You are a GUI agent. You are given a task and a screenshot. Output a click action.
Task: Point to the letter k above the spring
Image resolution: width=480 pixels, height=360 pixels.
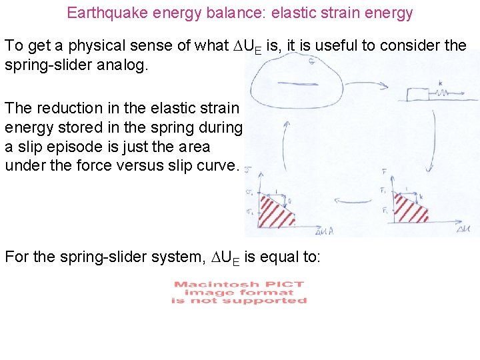441,83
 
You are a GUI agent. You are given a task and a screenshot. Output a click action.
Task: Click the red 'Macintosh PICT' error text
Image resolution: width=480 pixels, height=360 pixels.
239,292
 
